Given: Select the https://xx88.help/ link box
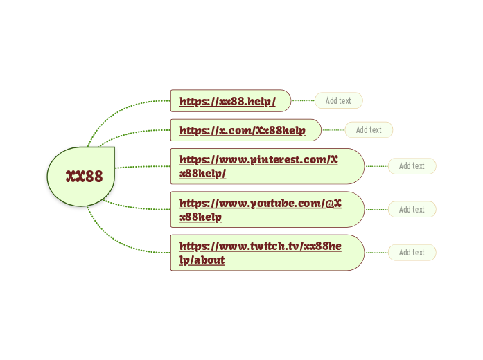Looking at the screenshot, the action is (229, 101).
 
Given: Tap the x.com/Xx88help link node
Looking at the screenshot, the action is (244, 130).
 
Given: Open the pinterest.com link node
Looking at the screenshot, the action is (267, 166).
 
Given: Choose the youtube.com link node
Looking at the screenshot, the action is (267, 210).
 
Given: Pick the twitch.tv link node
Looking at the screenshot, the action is (267, 253).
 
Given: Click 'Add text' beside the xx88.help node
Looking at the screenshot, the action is (338, 101).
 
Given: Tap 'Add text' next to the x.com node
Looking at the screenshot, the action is (369, 130).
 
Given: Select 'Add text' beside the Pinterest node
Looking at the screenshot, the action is (412, 166).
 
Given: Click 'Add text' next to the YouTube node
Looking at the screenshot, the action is (412, 210).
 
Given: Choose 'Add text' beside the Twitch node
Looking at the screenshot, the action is (412, 253).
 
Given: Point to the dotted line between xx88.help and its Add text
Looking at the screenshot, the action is (303, 101).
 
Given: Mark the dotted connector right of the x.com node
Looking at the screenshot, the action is (333, 130).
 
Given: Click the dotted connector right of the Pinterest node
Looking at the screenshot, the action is (376, 166).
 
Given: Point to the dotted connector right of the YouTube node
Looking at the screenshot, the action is (376, 210).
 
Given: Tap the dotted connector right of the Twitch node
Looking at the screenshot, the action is (376, 253).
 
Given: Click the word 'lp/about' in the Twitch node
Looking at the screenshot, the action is (202, 260).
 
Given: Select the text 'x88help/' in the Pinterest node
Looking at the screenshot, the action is (202, 174).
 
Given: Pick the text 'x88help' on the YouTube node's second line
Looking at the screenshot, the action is (200, 217).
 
